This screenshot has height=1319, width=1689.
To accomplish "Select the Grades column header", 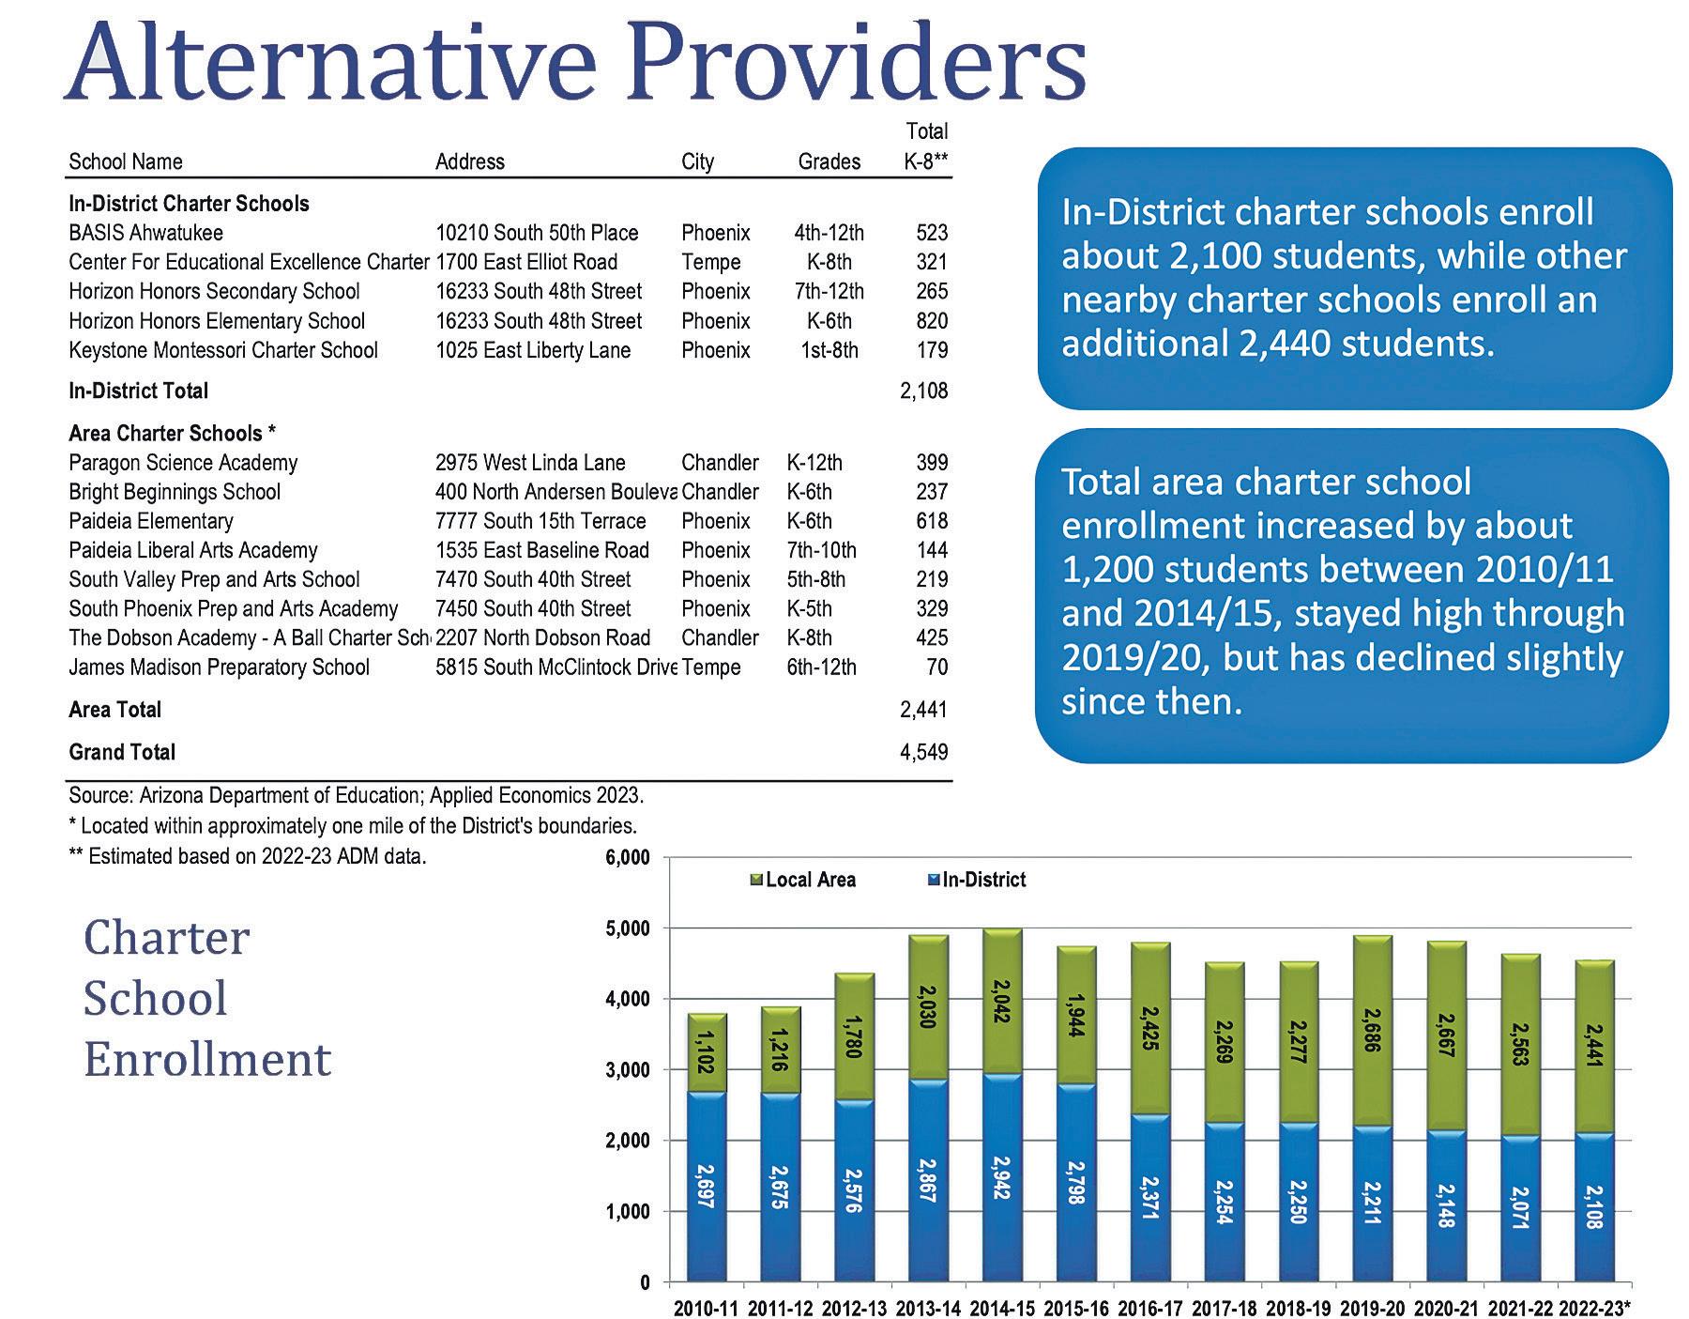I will pos(829,161).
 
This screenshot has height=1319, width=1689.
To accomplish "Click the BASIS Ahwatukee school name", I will pos(145,233).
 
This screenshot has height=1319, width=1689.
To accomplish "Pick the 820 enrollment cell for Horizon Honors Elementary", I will pos(932,321).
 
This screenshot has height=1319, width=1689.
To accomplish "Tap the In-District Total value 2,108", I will pos(923,391).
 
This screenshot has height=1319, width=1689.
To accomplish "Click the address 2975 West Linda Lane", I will pos(530,463).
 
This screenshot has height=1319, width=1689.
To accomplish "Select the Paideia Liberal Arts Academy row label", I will pos(192,550).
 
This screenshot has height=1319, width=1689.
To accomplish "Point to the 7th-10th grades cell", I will pos(821,550).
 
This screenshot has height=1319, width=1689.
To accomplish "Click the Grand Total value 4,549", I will pos(923,752).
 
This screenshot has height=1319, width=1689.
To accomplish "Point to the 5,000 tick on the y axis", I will pos(631,928).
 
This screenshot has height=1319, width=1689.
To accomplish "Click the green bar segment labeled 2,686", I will pos(1372,1031).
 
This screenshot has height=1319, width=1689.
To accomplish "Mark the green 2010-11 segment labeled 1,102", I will pos(707,1053).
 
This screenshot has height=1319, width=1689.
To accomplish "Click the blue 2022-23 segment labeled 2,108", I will pos(1594,1207).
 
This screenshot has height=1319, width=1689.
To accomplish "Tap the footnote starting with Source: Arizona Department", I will pos(356,796).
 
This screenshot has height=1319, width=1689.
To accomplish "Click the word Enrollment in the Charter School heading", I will pos(207,1059).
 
